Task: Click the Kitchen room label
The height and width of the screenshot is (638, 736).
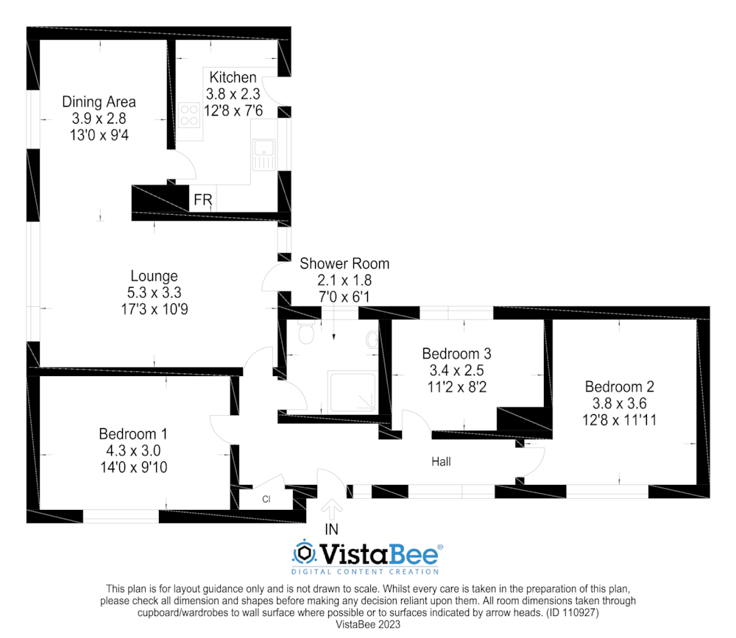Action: click(x=233, y=77)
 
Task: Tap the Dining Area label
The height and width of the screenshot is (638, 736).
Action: click(x=99, y=102)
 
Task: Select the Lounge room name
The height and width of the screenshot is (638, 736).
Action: click(x=155, y=277)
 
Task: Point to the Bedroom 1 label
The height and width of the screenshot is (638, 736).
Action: click(x=133, y=433)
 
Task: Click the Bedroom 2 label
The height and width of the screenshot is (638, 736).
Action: click(x=620, y=386)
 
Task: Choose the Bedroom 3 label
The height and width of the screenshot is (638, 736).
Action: click(x=457, y=353)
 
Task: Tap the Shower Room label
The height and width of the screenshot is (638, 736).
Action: click(x=344, y=264)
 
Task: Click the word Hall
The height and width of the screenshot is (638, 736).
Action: click(x=441, y=462)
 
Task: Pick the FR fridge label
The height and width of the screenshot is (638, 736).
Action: click(x=203, y=200)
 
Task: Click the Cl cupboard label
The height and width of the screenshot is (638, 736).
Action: click(x=266, y=499)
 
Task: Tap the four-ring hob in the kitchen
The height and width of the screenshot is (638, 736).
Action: click(x=189, y=115)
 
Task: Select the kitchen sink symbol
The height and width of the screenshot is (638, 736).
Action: click(x=263, y=155)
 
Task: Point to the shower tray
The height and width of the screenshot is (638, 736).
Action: click(x=352, y=392)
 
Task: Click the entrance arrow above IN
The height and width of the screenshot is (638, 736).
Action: click(x=332, y=508)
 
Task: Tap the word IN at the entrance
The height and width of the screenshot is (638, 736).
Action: click(x=331, y=530)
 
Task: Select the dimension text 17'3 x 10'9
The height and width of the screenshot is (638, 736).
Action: click(x=155, y=309)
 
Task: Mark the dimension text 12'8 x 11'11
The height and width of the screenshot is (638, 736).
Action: click(x=620, y=419)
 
